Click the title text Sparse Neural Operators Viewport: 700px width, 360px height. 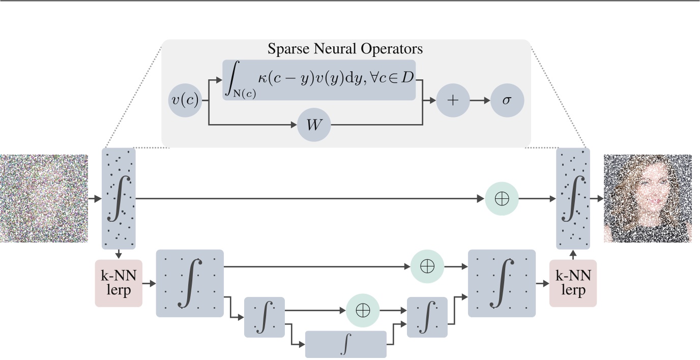pyautogui.click(x=345, y=49)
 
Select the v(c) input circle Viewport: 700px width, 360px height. pyautogui.click(x=185, y=101)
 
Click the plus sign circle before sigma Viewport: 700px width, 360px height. pyautogui.click(x=452, y=101)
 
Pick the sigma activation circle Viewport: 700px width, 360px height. pyautogui.click(x=507, y=101)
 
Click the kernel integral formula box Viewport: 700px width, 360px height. pyautogui.click(x=319, y=80)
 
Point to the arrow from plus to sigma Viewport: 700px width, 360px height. pyautogui.click(x=480, y=101)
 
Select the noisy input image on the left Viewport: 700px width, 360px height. pyautogui.click(x=44, y=198)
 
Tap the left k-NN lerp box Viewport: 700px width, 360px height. pyautogui.click(x=119, y=283)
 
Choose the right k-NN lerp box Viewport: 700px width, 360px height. pyautogui.click(x=573, y=283)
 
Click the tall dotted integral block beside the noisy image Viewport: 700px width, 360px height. pyautogui.click(x=119, y=198)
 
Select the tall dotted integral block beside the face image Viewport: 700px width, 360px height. pyautogui.click(x=573, y=198)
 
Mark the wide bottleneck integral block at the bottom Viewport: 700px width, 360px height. pyautogui.click(x=346, y=345)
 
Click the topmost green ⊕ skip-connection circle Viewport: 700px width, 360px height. pyautogui.click(x=502, y=198)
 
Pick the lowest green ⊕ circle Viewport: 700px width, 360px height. pyautogui.click(x=363, y=310)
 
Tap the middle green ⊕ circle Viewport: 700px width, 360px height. pyautogui.click(x=427, y=266)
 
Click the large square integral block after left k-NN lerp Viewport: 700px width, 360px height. pyautogui.click(x=190, y=283)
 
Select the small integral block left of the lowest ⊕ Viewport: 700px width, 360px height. pyautogui.click(x=265, y=317)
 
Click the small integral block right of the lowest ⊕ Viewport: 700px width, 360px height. pyautogui.click(x=427, y=317)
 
